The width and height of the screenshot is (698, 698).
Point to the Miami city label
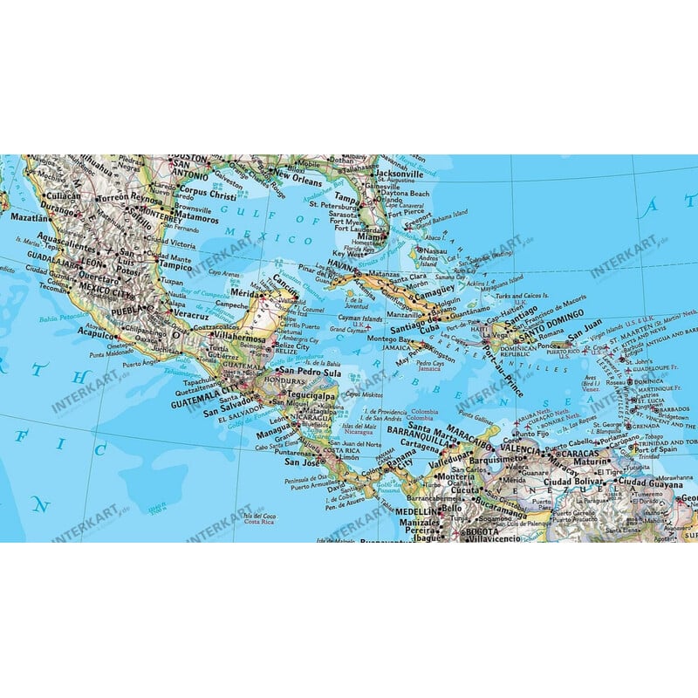[370, 236]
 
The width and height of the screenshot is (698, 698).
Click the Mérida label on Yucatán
[250, 296]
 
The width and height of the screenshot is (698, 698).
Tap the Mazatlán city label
[29, 214]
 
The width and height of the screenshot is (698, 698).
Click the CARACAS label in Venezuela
[583, 454]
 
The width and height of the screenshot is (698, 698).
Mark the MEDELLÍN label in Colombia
[414, 510]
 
